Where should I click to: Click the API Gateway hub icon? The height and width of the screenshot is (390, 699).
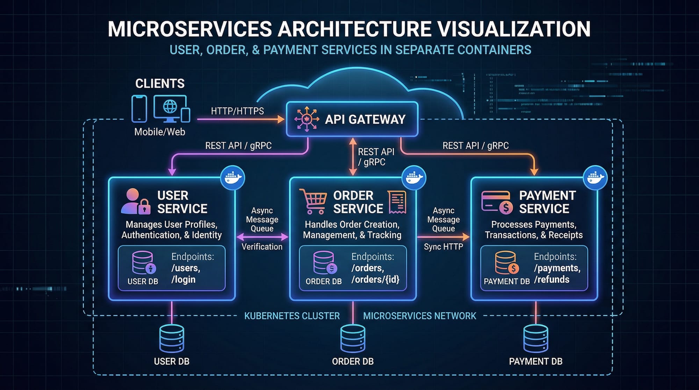coord(307,119)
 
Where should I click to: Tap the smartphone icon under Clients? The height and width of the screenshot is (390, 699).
coord(139,109)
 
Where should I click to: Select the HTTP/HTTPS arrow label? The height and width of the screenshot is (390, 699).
coord(237,111)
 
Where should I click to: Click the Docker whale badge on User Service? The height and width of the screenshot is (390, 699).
coord(233,178)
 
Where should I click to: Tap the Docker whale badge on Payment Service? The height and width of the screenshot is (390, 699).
coord(596,178)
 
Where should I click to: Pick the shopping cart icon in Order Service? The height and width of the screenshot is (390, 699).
coord(313,201)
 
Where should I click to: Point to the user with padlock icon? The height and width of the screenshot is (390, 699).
coord(135,202)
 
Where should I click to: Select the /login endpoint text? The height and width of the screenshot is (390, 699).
coord(183,280)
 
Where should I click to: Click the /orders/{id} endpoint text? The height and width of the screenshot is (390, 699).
coord(375,280)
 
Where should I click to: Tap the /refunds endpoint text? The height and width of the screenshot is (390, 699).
coord(552,280)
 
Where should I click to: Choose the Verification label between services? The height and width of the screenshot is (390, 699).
coord(262,247)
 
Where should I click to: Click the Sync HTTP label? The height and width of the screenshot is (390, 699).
coord(443,247)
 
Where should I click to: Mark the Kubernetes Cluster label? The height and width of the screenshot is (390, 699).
coord(292,316)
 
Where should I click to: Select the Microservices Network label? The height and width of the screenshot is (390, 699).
coord(419,316)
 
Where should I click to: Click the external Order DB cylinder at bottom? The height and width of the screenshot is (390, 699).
coord(353,339)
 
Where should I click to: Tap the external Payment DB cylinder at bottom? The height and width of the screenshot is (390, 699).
coord(535,339)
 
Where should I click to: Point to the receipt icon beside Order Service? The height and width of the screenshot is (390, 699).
coord(397,202)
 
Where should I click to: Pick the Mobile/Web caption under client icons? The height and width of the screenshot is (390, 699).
coord(160,132)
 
